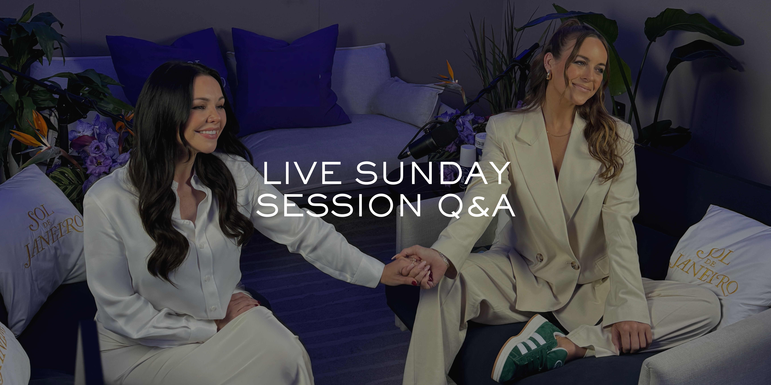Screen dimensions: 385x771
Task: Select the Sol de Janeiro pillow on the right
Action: click(x=718, y=257)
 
